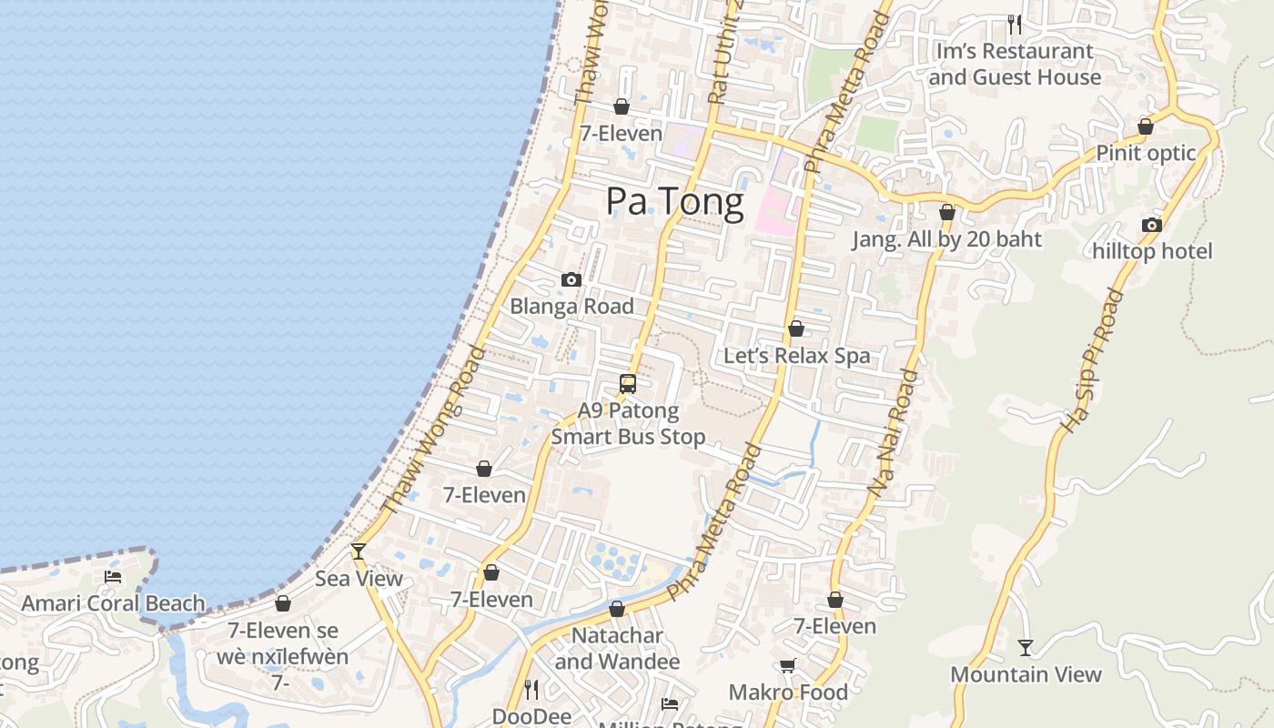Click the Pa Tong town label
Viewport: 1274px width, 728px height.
tap(674, 201)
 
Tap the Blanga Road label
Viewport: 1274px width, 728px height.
tap(571, 306)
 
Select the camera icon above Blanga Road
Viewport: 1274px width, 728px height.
tap(571, 279)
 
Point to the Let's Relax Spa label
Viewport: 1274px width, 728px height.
tap(796, 355)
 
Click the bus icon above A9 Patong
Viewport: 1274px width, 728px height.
tap(628, 384)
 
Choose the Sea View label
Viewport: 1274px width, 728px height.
tap(359, 578)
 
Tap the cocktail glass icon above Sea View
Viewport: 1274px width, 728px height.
tap(359, 551)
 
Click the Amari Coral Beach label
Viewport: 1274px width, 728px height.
tap(113, 603)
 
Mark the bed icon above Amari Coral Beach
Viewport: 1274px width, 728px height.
tap(113, 576)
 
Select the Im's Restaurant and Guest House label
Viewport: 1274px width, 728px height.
tap(1015, 64)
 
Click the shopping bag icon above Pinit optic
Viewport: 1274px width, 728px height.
tap(1146, 126)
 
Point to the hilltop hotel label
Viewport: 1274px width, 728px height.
tap(1152, 251)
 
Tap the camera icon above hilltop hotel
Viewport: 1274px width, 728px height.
tap(1152, 226)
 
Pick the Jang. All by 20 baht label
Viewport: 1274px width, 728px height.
tap(946, 239)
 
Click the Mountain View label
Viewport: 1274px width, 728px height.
tap(1026, 674)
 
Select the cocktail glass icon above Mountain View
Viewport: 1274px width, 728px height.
tap(1026, 648)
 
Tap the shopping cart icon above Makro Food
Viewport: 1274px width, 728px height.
tap(788, 666)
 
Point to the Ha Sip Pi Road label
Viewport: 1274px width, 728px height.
tap(1092, 361)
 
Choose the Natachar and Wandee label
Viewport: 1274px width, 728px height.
tap(617, 648)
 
